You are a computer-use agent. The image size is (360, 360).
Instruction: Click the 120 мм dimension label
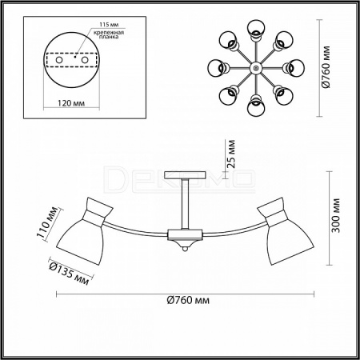pyautogui.click(x=71, y=103)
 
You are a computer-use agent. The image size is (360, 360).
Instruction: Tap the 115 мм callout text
pyautogui.click(x=109, y=25)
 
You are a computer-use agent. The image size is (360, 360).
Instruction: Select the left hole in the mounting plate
pyautogui.click(x=59, y=60)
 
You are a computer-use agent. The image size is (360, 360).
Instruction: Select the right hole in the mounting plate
pyautogui.click(x=85, y=60)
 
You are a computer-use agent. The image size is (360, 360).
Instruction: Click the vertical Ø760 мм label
pyautogui.click(x=326, y=67)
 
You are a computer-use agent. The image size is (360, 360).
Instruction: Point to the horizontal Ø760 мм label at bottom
pyautogui.click(x=188, y=300)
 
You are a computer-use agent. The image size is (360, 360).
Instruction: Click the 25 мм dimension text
pyautogui.click(x=231, y=154)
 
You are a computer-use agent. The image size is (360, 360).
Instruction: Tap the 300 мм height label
pyautogui.click(x=336, y=215)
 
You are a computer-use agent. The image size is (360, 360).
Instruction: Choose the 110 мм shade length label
pyautogui.click(x=48, y=222)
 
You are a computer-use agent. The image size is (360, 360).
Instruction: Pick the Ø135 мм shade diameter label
pyautogui.click(x=70, y=272)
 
